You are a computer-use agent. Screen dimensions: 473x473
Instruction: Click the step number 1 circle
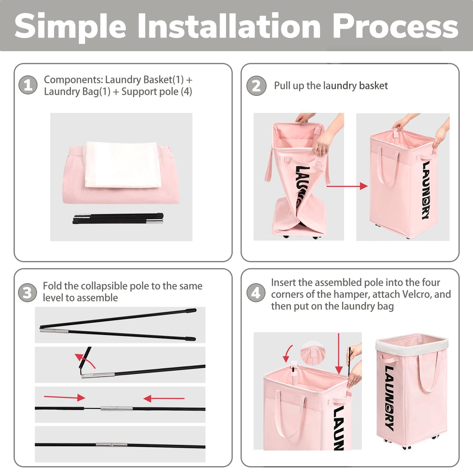pos(28,85)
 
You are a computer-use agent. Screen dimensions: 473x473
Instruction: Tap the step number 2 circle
pos(256,86)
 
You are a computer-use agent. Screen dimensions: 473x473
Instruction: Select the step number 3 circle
pos(27,292)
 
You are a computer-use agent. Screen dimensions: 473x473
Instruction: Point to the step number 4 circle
pos(256,292)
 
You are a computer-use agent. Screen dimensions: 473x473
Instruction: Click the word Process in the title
pos(395,26)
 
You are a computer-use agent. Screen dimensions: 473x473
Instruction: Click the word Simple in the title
pos(71,28)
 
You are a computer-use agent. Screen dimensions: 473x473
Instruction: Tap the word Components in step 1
pos(73,80)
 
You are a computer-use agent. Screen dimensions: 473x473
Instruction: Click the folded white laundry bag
pos(123,164)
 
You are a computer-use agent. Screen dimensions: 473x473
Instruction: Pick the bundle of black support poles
pos(118,218)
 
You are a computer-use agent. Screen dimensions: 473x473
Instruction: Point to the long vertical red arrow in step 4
pos(339,354)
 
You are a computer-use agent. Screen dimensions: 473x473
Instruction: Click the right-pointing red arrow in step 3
pos(65,397)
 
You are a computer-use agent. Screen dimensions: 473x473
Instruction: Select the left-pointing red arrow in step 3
pos(164,399)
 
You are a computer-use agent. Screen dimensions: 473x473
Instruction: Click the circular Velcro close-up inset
pos(313,353)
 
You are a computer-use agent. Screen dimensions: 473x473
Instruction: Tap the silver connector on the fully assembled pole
pos(112,445)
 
